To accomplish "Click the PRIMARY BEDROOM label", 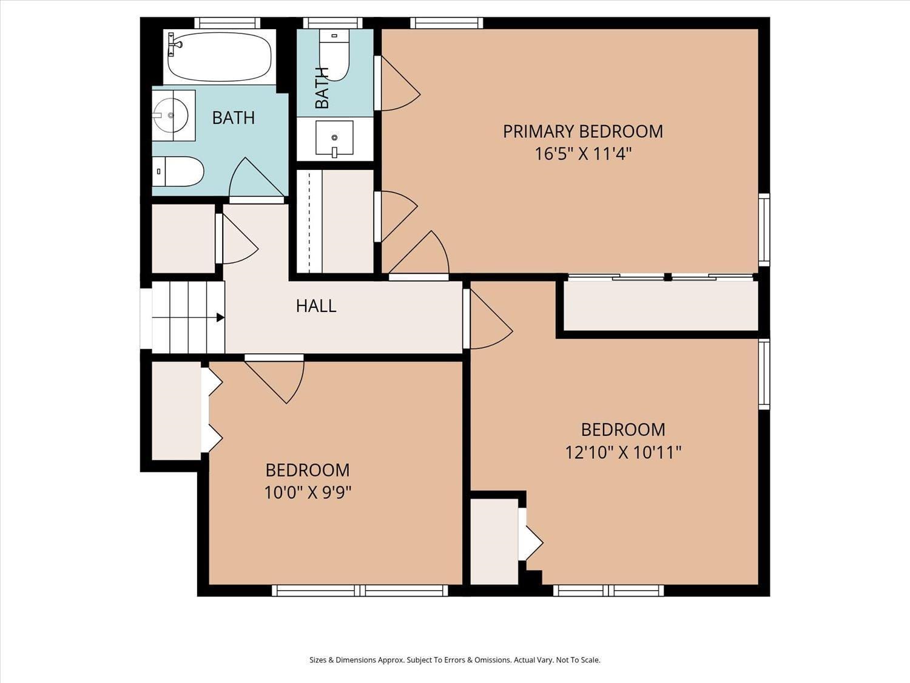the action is pos(583,132).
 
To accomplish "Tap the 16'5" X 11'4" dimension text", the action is pos(583,154).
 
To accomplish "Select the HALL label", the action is pos(316,306).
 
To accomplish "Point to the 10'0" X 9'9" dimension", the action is pos(308,492).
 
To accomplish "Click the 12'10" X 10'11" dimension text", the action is pos(624,452).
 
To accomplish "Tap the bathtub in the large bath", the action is pos(220,57).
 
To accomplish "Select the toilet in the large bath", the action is pos(178,171).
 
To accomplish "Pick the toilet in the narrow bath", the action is pos(334,55).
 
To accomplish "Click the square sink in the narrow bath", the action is pos(334,138).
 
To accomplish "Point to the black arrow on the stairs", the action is pos(220,318).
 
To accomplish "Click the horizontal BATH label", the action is pos(234,118).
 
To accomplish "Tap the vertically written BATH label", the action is pos(322,87).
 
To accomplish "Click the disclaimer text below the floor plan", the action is pos(455,660).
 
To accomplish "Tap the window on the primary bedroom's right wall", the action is pos(764,229).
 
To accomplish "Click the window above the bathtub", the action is pos(227,23).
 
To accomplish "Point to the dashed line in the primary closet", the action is pos(309,222).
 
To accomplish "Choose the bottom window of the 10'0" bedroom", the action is pos(360,591).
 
